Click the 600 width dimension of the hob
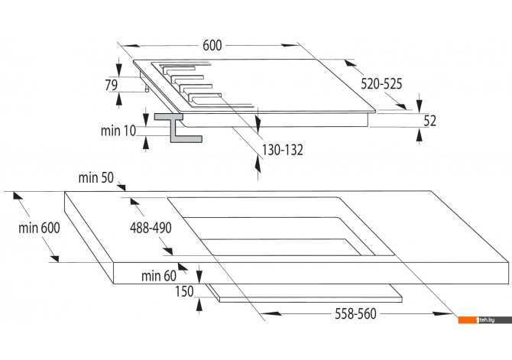coord(212,45)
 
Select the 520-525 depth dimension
coord(381,84)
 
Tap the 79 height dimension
coord(112,85)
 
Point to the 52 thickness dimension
coord(429,121)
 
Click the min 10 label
coord(118,131)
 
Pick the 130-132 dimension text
coord(283,150)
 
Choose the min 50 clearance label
coord(96,178)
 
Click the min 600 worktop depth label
coord(39,228)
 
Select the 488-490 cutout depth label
coord(151,228)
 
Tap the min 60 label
coord(159,276)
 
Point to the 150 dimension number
coord(184,291)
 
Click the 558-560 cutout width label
coord(355,313)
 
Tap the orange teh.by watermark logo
coord(485,319)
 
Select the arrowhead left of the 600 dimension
coord(132,45)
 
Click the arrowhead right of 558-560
coord(442,313)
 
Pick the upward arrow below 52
coord(420,135)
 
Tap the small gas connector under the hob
coord(147,89)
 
